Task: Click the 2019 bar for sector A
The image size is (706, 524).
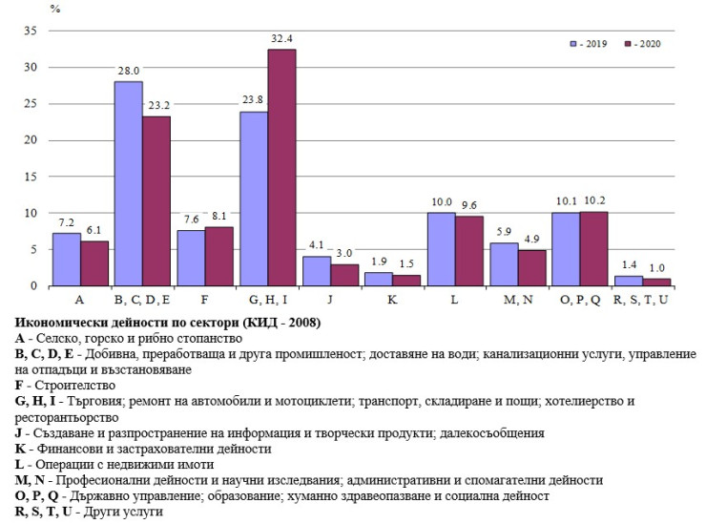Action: tap(66, 260)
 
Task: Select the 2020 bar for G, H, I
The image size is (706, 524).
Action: tap(281, 167)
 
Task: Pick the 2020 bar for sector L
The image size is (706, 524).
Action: tap(468, 251)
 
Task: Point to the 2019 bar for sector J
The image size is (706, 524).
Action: tap(316, 271)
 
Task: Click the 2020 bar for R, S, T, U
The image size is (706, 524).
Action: tap(656, 282)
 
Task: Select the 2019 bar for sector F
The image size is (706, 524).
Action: tap(191, 258)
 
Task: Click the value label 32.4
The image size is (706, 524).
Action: tap(281, 39)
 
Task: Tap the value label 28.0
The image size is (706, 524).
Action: tap(129, 72)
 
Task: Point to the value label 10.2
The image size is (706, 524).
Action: tap(594, 201)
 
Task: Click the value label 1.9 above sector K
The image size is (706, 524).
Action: tap(379, 262)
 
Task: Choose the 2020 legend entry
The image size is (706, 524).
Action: tap(642, 43)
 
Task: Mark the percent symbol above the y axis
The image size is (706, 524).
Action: tap(55, 9)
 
